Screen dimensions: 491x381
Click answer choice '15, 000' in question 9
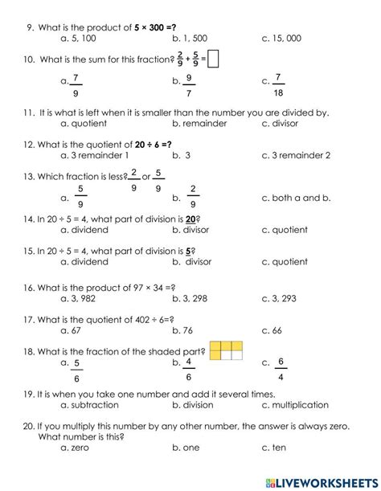(286, 38)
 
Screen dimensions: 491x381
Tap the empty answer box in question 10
(213, 59)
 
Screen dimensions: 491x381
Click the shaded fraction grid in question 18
(226, 351)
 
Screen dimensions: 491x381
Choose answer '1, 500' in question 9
(194, 38)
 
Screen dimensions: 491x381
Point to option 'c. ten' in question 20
(274, 448)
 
